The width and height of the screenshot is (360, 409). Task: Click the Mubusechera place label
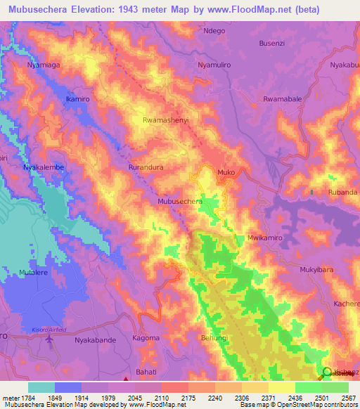point(180,201)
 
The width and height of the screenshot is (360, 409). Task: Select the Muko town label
point(226,171)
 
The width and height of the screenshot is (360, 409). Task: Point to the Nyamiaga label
point(44,65)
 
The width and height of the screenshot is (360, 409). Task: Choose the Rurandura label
point(146,168)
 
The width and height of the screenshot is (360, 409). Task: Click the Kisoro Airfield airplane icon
point(49,340)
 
